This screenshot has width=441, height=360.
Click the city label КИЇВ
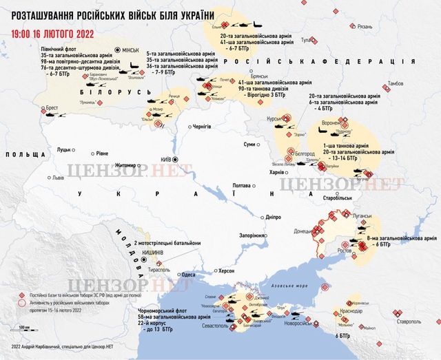tap(166, 159)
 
